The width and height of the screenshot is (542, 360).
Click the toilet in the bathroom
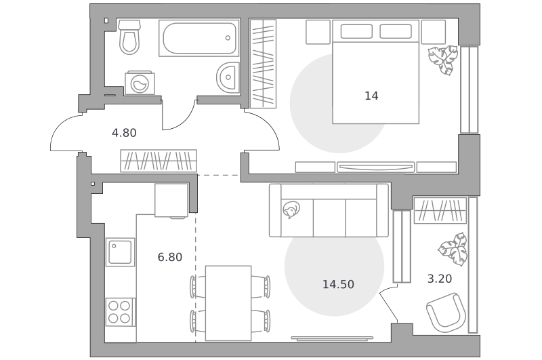[129, 37]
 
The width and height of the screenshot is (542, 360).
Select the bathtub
[199, 38]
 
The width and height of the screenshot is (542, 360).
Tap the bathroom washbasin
[228, 78]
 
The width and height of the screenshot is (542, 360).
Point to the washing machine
[140, 83]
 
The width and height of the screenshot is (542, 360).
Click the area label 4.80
[124, 133]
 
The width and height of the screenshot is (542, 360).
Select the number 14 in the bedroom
[371, 96]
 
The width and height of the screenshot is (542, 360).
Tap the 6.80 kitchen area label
[170, 258]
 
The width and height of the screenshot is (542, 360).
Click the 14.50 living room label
[338, 284]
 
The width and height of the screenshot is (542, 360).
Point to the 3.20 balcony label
[440, 279]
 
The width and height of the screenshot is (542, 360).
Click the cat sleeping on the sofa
[291, 209]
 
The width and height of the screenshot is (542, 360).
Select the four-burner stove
[120, 312]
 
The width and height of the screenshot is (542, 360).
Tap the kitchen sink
[121, 252]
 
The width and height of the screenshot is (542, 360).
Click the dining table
[228, 303]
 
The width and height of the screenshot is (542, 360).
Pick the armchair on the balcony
[446, 313]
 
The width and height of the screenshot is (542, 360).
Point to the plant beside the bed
[443, 60]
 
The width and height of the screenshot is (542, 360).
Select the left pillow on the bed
[356, 31]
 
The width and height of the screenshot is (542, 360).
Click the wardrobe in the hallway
[159, 161]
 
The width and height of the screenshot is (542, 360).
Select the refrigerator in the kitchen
[171, 200]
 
